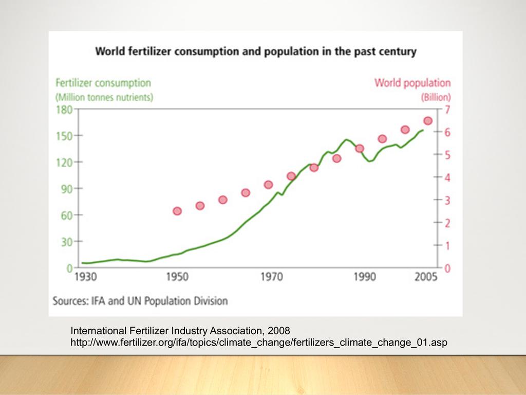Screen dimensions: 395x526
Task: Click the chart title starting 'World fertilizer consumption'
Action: [x=256, y=52]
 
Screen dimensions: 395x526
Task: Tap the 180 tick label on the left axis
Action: [x=64, y=109]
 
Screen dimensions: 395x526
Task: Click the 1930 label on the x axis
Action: [x=85, y=278]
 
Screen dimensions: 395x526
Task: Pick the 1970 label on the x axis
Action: [x=272, y=278]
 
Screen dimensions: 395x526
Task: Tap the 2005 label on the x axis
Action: [x=426, y=278]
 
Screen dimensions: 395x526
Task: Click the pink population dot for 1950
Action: [x=177, y=211]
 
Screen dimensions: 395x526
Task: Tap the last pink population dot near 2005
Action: [x=427, y=121]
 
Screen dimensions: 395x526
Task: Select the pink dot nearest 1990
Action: [x=360, y=149]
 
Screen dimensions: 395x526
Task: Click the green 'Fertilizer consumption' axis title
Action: [x=103, y=83]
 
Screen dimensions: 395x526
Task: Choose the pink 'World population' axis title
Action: [x=412, y=83]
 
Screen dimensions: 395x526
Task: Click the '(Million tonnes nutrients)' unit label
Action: [x=104, y=97]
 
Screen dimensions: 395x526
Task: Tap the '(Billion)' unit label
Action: [x=436, y=97]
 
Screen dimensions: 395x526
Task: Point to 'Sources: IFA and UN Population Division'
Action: [x=140, y=301]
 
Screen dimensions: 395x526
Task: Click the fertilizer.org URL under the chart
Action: [x=255, y=343]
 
